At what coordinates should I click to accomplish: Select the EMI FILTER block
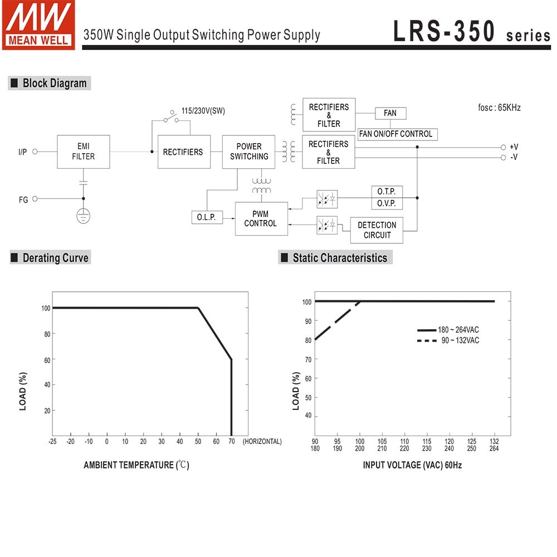pos(84,152)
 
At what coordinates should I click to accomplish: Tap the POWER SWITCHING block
pos(249,152)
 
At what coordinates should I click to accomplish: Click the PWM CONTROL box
pos(261,218)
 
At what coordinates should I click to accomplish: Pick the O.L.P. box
pos(206,217)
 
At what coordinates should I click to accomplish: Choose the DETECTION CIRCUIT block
pos(377,230)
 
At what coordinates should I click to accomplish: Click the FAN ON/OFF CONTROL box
pos(396,134)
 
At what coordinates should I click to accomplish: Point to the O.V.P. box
pos(387,204)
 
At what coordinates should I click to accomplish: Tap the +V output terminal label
pos(514,147)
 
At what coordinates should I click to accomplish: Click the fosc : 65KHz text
pos(499,108)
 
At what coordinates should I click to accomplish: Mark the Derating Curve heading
pos(55,258)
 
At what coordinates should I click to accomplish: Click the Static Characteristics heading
pos(339,258)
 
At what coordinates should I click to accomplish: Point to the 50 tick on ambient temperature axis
pos(198,441)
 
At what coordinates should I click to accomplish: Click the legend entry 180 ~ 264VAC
pos(458,330)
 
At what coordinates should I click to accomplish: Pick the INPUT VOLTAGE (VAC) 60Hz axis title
pos(412,465)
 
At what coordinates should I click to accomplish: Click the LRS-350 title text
pos(444,31)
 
